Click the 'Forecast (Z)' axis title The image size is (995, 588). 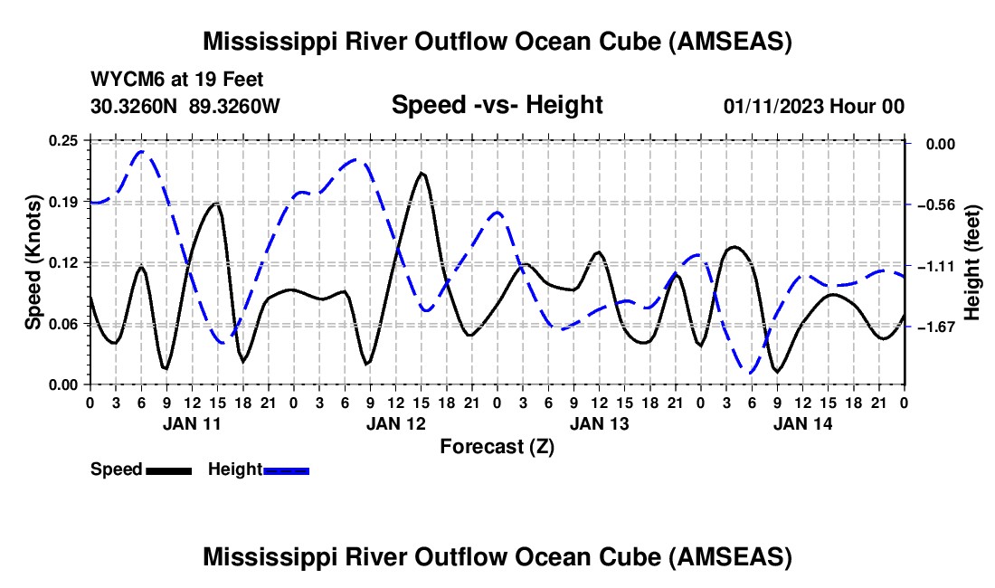(497, 446)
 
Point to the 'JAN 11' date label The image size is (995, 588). (192, 422)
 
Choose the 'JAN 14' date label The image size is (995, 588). (802, 422)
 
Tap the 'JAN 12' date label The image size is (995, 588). (395, 422)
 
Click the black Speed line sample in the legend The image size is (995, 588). (167, 469)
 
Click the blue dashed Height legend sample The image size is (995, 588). (286, 469)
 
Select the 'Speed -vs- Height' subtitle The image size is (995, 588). (497, 105)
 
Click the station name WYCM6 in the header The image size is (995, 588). (121, 80)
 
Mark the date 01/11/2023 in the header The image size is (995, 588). (772, 106)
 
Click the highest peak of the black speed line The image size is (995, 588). (421, 172)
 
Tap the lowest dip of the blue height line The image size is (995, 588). (751, 372)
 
